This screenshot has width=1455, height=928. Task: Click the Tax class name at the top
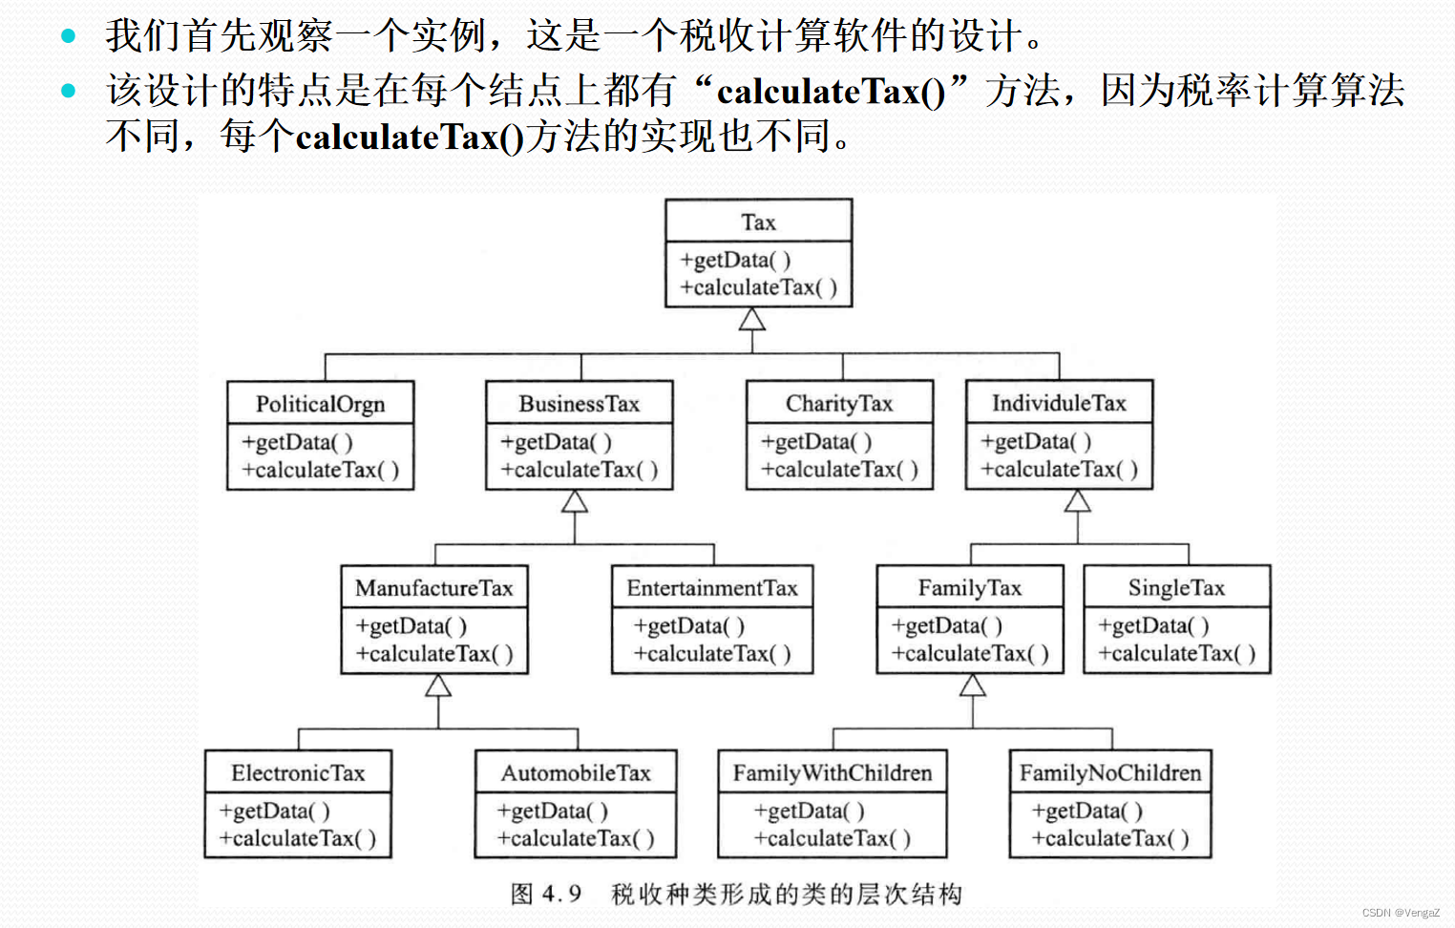[x=758, y=222]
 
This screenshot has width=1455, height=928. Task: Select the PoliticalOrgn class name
[x=320, y=404]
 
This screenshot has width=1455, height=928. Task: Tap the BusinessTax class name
[x=579, y=404]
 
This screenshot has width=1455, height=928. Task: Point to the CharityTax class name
[x=839, y=404]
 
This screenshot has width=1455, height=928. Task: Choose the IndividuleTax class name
[x=1059, y=403]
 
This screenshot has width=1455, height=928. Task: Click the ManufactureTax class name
[x=434, y=588]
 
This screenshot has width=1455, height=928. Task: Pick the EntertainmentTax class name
[x=712, y=588]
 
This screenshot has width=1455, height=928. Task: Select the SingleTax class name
[x=1176, y=588]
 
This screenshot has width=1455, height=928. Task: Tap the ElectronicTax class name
[x=298, y=773]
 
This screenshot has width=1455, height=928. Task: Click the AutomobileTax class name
[x=576, y=773]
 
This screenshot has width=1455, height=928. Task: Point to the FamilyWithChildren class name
[x=833, y=773]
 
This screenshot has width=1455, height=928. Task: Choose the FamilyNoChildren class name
[x=1110, y=773]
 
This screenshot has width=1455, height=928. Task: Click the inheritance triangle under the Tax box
[x=752, y=319]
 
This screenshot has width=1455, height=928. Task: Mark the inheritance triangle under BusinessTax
[x=575, y=501]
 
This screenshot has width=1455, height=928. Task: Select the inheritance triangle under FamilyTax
[x=973, y=685]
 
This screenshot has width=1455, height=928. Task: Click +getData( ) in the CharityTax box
[x=816, y=442]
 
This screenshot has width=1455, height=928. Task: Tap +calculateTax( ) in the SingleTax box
[x=1176, y=654]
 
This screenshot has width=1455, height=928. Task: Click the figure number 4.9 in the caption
[x=561, y=895]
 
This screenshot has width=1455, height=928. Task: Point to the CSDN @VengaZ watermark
[x=1401, y=914]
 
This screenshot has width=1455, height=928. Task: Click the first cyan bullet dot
[x=68, y=36]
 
